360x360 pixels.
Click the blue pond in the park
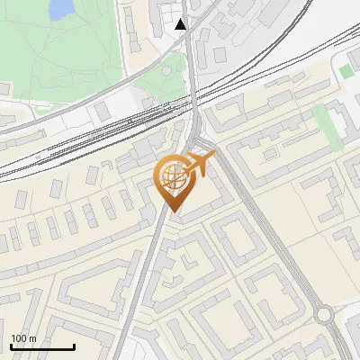click(60, 9)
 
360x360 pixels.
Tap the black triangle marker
click(181, 24)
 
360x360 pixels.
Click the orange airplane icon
click(200, 165)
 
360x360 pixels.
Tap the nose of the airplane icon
click(213, 156)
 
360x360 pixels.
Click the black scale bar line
click(42, 347)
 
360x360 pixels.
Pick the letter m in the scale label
click(33, 338)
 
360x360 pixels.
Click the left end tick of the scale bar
click(11, 346)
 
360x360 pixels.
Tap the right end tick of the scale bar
click(74, 346)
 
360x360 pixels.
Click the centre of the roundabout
click(325, 314)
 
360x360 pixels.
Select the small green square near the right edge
click(346, 71)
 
